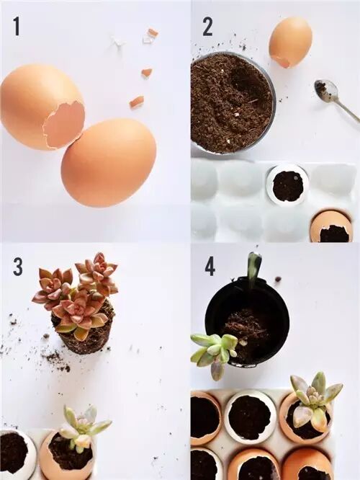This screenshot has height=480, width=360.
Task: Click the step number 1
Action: pyautogui.click(x=17, y=27)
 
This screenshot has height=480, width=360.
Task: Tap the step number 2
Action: pyautogui.click(x=207, y=27)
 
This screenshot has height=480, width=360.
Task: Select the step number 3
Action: pyautogui.click(x=18, y=266)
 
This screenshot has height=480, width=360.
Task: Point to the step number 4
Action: pyautogui.click(x=210, y=266)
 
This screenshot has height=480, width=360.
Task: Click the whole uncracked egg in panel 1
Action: pyautogui.click(x=109, y=164)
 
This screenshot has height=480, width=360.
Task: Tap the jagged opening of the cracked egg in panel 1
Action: pyautogui.click(x=64, y=124)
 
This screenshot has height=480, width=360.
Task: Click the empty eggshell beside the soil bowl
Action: pyautogui.click(x=290, y=41)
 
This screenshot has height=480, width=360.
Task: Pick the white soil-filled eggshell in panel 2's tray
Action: pyautogui.click(x=287, y=184)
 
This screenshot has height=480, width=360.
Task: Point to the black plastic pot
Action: pyautogui.click(x=247, y=320)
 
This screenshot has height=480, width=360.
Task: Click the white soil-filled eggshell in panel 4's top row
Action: pyautogui.click(x=250, y=415)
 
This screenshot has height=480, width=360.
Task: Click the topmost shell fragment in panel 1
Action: pyautogui.click(x=152, y=32)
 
